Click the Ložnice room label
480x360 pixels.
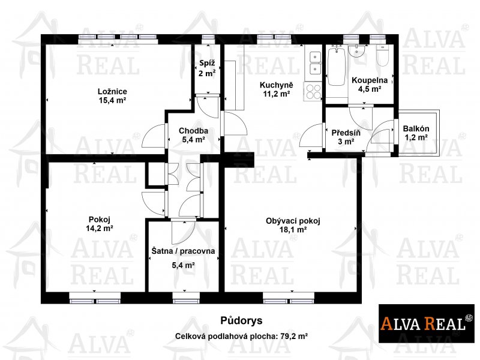(x=112, y=92)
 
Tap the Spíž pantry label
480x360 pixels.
(x=207, y=64)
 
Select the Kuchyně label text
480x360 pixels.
(x=277, y=85)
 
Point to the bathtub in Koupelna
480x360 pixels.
(x=337, y=65)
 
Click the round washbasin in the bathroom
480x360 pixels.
(x=357, y=51)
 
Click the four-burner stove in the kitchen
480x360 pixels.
(x=313, y=92)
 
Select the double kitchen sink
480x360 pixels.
(x=315, y=64)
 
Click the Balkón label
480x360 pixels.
(x=416, y=129)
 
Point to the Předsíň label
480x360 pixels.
(x=346, y=133)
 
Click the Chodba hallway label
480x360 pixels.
(x=193, y=131)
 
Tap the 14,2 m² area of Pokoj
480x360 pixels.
(x=100, y=228)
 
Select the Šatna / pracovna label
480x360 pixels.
(x=183, y=251)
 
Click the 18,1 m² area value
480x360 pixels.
(x=293, y=230)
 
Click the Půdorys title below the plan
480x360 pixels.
(x=241, y=321)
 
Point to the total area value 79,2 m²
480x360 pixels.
(x=294, y=337)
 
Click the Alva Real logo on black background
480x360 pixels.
(x=427, y=323)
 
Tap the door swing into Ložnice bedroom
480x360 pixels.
(x=154, y=137)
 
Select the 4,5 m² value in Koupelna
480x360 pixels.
(x=370, y=89)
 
